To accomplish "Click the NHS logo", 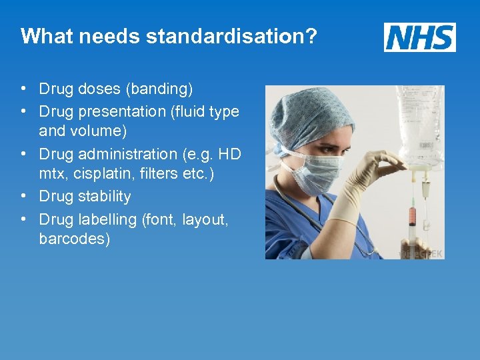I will click(419, 37).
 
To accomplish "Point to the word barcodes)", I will click(75, 239).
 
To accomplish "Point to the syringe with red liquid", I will click(412, 217).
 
